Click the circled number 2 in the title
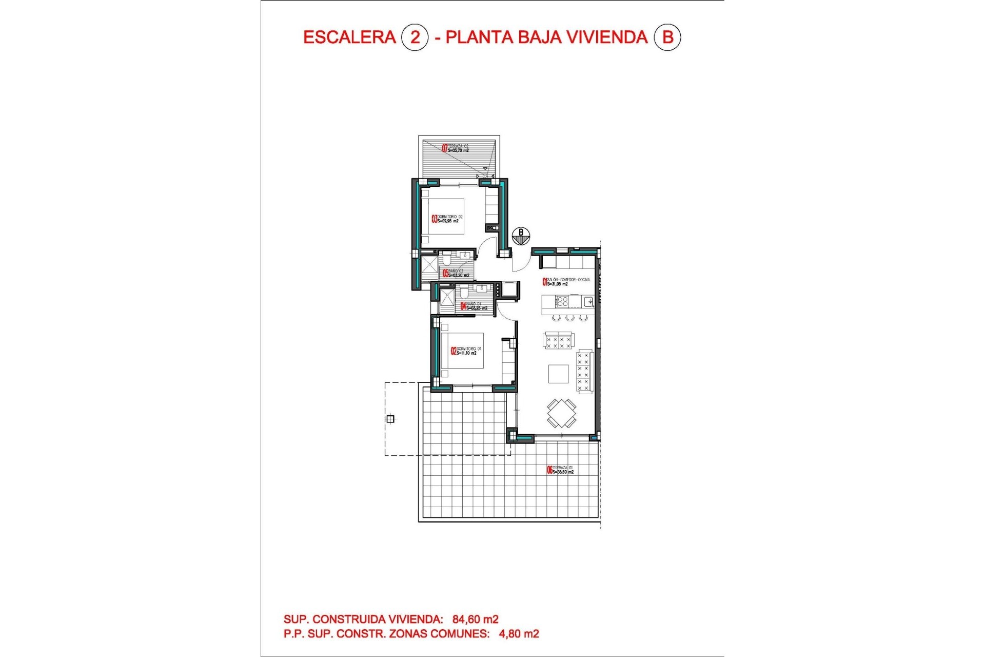point(415,37)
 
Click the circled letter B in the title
point(667,37)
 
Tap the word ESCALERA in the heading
point(349,37)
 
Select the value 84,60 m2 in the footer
point(475,620)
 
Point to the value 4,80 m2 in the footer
point(519,634)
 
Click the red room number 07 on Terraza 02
point(445,148)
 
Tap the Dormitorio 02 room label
point(449,219)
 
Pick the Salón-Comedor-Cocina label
point(567,282)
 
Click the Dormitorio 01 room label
point(468,351)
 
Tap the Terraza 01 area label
point(562,470)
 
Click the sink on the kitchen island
point(588,301)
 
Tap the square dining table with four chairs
point(561,413)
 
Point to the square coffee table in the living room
point(558,374)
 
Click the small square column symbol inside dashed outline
point(390,419)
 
